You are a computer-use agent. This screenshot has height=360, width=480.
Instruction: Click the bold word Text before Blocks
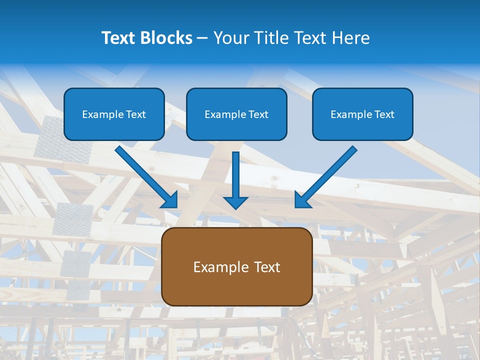click(121, 38)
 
